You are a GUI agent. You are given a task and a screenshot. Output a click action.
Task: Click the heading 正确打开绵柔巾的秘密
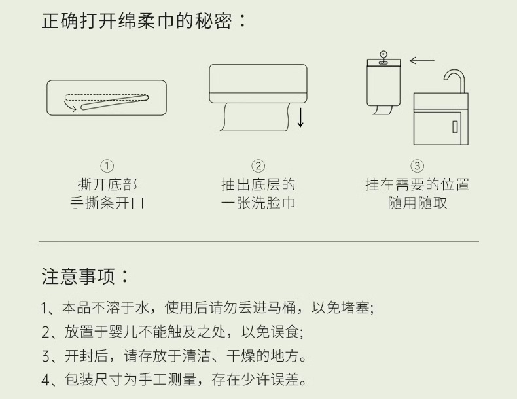coord(137,21)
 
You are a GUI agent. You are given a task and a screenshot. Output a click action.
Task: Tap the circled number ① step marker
coord(107,166)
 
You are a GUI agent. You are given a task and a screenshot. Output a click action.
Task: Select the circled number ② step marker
coord(258,166)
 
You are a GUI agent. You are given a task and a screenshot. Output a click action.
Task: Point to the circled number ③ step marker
coord(417,166)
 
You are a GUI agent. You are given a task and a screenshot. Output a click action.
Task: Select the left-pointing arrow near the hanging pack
coord(421,60)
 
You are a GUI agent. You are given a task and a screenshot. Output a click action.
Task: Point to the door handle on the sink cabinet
coord(455,127)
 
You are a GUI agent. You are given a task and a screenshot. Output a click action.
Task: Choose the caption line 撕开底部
coord(107,185)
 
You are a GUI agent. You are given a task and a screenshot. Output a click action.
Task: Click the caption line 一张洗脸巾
coord(258,203)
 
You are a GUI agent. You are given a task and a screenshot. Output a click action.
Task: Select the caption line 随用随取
coord(418,203)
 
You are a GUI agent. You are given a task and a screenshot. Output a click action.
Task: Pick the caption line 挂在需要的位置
coord(418,185)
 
